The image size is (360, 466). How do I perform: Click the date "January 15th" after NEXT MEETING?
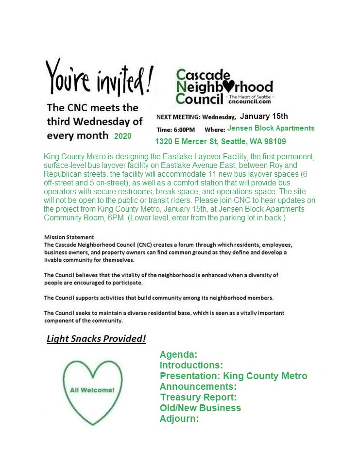pos(264,116)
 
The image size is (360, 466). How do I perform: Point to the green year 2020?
pos(123,136)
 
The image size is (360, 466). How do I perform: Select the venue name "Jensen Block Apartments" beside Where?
pos(271,128)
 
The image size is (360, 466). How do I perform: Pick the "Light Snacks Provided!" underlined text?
pos(96,338)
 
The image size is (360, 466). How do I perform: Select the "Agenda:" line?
pos(178,355)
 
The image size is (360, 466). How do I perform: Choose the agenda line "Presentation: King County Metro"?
pos(233,376)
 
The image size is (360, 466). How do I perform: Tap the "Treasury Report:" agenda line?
pos(198,397)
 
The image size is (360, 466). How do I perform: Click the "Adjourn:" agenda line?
pos(179,418)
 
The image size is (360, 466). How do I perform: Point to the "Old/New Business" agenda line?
pos(200,408)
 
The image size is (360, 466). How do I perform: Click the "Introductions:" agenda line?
pos(191,365)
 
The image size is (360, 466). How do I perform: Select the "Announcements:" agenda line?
pos(198,386)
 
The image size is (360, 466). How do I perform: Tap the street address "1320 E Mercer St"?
pos(187,142)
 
